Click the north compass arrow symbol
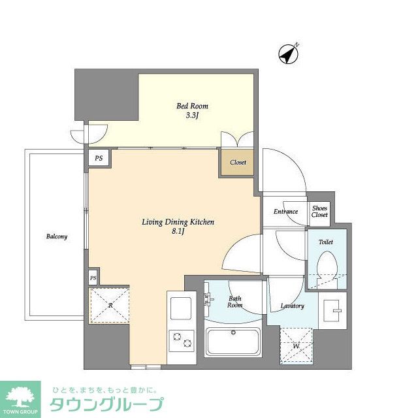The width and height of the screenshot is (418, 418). pos(288,54)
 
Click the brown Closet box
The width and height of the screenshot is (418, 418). pos(238,161)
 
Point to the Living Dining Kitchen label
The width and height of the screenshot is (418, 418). pos(178,222)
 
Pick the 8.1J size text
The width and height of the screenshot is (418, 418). pos(178,233)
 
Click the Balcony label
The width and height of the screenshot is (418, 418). pos(56,236)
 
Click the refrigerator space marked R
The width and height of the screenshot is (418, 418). pos(109,304)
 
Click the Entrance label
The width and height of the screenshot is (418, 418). pos(285,212)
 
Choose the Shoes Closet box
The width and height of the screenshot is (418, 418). pos(319,212)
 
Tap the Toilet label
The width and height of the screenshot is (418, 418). pos(325,242)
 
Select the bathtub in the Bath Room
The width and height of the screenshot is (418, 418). pos(233,341)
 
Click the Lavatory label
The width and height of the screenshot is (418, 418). pos(292,306)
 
